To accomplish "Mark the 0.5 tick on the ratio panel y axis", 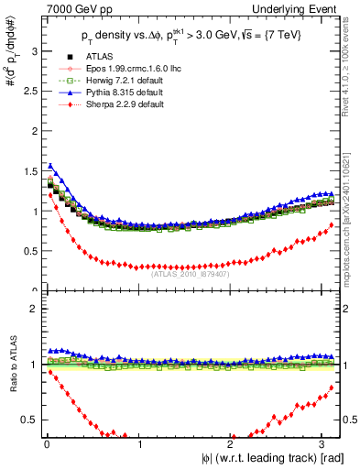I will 29,420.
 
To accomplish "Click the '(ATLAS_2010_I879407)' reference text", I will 190,273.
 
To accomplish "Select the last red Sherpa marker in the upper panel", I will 332,224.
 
